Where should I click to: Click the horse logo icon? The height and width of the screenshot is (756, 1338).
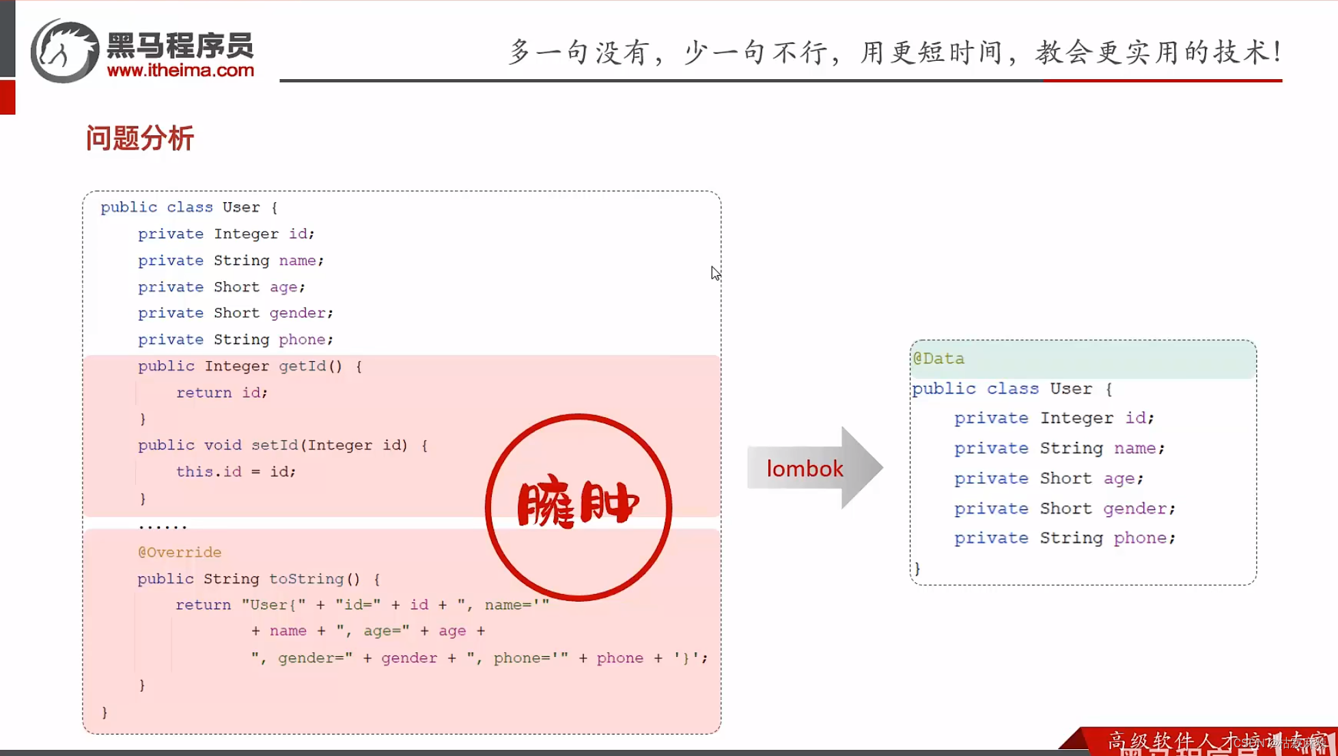pyautogui.click(x=64, y=51)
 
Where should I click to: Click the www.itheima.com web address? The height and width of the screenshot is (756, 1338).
pyautogui.click(x=180, y=70)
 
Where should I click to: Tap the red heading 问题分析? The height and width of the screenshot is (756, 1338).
pyautogui.click(x=140, y=138)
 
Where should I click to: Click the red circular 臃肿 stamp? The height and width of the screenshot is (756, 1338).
pyautogui.click(x=578, y=507)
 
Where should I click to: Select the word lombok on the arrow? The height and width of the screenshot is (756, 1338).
pyautogui.click(x=805, y=469)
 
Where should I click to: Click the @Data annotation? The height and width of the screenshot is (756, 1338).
pyautogui.click(x=939, y=359)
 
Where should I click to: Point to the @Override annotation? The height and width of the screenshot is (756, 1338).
pyautogui.click(x=180, y=552)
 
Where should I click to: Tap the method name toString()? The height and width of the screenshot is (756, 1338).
pyautogui.click(x=314, y=578)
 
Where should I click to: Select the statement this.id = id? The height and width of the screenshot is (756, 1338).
pyautogui.click(x=236, y=471)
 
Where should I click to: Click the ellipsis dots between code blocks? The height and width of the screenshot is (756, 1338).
pyautogui.click(x=163, y=526)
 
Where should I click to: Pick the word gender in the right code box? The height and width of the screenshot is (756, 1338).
pyautogui.click(x=1134, y=508)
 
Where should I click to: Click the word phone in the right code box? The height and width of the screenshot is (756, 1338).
pyautogui.click(x=1140, y=537)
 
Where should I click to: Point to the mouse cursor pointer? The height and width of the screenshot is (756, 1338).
pyautogui.click(x=714, y=272)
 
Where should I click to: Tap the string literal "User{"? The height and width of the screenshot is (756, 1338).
pyautogui.click(x=273, y=605)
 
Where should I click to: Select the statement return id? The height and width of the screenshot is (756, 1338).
pyautogui.click(x=222, y=393)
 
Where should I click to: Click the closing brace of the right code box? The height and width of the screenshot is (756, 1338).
pyautogui.click(x=917, y=568)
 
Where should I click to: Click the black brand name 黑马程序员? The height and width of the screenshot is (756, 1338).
pyautogui.click(x=180, y=46)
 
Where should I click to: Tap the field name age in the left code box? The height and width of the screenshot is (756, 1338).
pyautogui.click(x=283, y=287)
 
